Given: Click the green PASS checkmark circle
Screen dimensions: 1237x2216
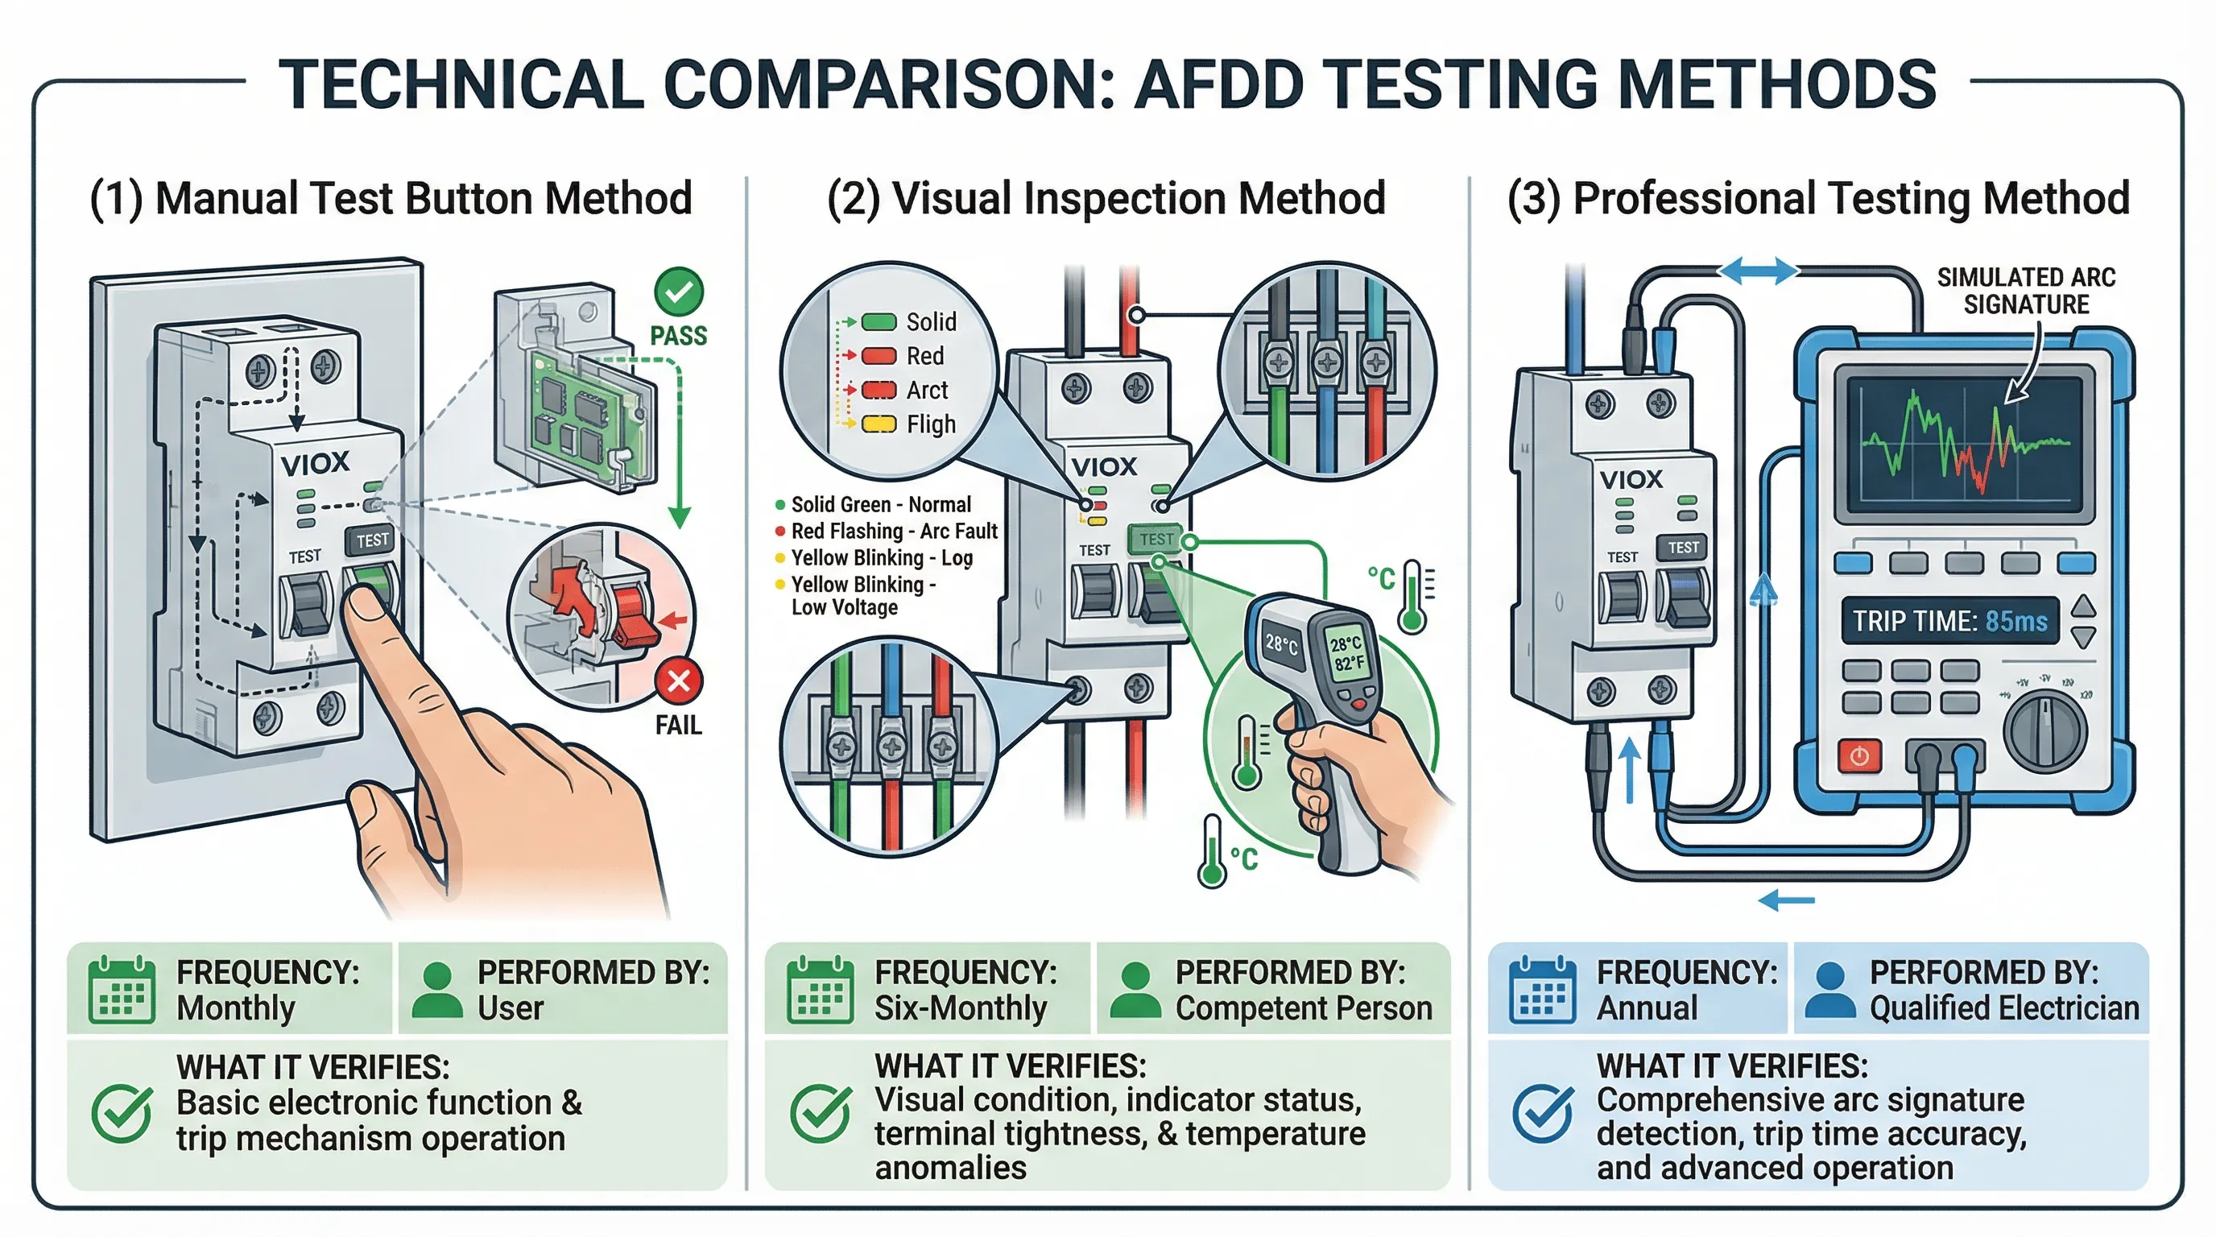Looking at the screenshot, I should pos(679,292).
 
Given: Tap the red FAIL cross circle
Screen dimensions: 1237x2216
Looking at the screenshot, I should pos(679,681).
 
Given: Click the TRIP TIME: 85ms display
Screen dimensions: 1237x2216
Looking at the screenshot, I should pos(1949,621).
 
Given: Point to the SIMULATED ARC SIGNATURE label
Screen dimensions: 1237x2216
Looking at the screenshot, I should pos(2025,291).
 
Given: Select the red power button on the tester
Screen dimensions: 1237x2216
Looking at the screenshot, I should pos(1859,757).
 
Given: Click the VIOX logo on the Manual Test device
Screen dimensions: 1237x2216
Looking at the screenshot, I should pos(315,464).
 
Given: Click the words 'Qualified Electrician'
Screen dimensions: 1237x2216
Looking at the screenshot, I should pos(2003,1008).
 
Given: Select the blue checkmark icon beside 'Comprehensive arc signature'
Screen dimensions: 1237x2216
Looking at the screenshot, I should pos(1544,1113).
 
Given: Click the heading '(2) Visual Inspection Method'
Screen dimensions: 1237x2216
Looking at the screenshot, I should pos(1106,199).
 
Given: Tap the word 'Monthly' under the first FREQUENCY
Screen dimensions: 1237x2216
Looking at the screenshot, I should pos(236,1008).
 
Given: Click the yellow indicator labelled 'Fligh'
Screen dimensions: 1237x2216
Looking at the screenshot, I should pos(879,424).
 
